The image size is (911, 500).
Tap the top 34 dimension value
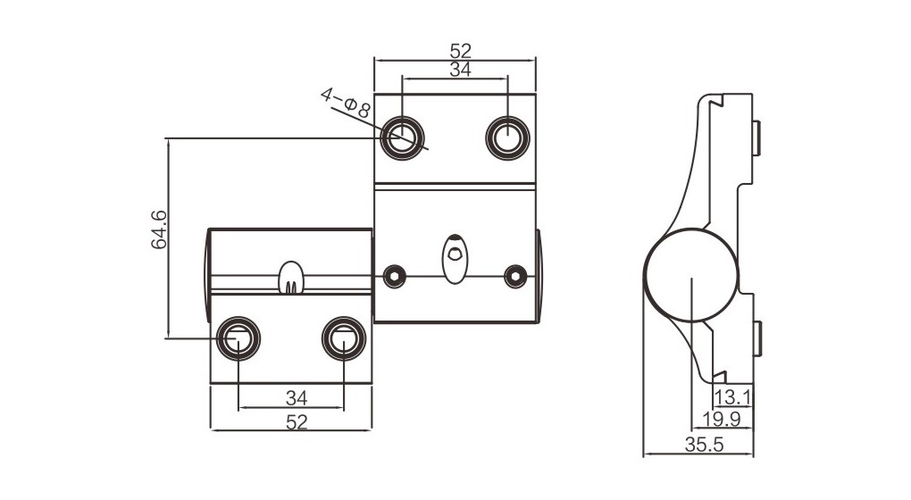[x=460, y=71]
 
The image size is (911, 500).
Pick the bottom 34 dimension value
[x=297, y=396]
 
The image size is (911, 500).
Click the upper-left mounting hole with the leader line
[x=402, y=138]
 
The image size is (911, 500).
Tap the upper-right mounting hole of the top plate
[x=507, y=138]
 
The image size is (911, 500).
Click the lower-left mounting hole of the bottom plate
[x=238, y=338]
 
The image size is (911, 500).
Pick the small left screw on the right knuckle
[x=392, y=276]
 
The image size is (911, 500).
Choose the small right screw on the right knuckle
[x=514, y=276]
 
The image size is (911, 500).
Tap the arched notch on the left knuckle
[x=291, y=278]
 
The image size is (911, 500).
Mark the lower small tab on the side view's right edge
[x=756, y=338]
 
